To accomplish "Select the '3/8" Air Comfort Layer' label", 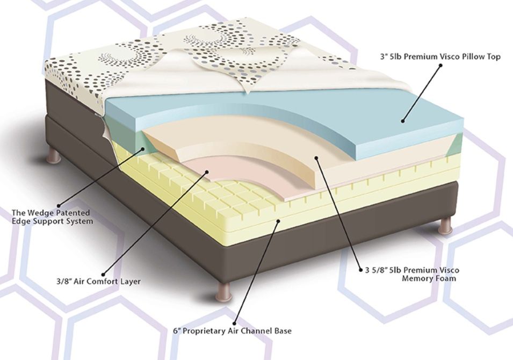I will point(98,281).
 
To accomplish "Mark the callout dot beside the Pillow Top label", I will point(440,66).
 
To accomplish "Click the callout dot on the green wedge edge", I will point(144,149).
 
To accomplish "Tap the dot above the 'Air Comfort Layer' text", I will point(102,271).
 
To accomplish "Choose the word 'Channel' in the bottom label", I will point(260,330).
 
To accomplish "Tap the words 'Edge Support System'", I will point(52,221).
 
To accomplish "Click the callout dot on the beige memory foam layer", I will point(317,158).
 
